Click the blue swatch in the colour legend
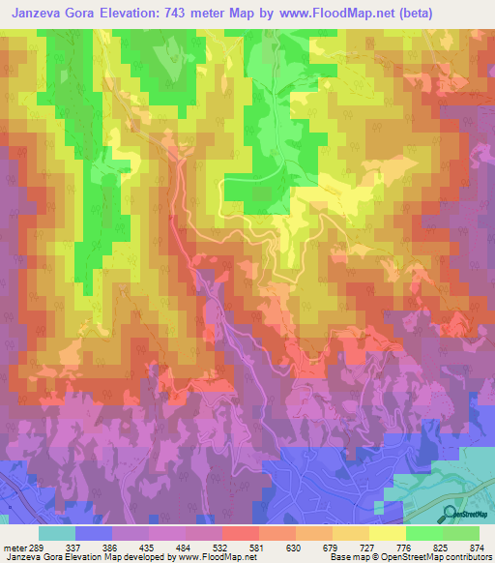(94, 532)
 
